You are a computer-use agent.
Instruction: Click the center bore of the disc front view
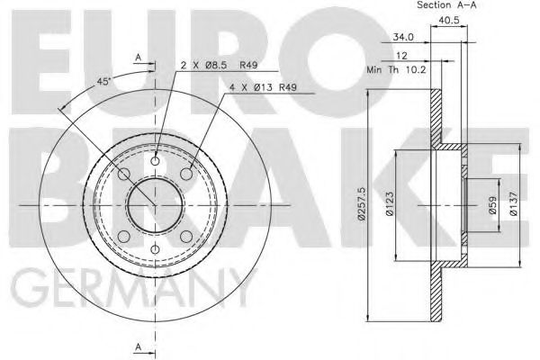coord(156,205)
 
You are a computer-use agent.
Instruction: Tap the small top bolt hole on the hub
coord(156,162)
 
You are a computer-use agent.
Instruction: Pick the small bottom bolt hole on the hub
coord(156,249)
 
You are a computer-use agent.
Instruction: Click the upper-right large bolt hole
coord(186,175)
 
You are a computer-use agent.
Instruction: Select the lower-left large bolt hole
coord(125,236)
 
